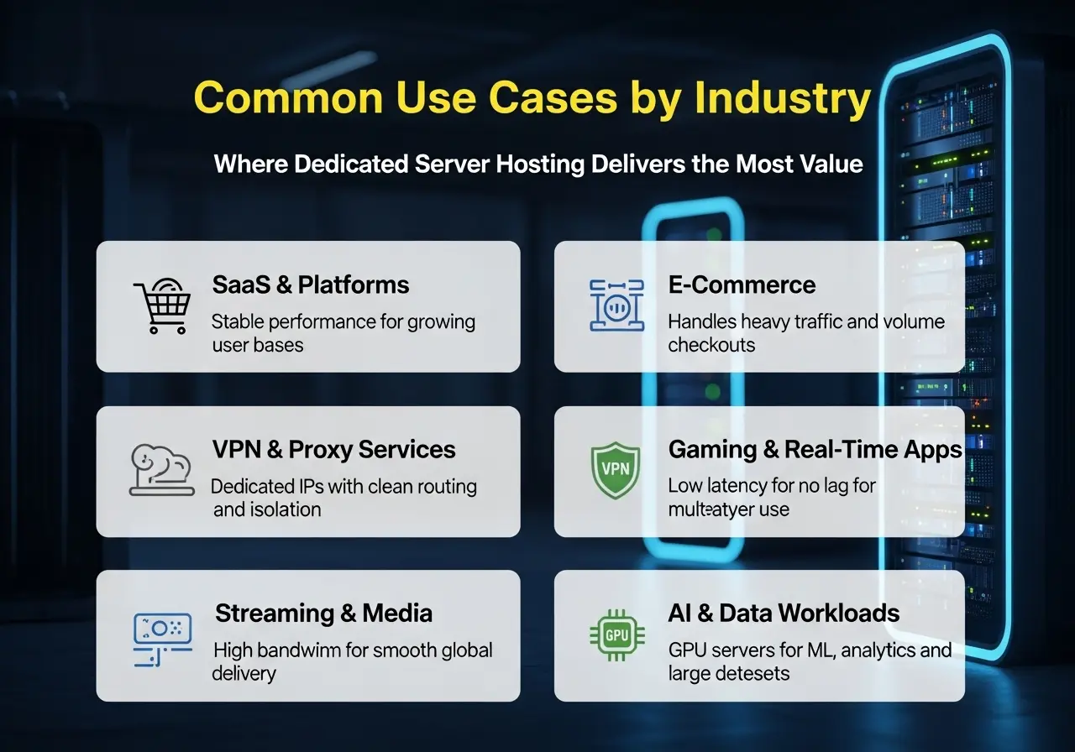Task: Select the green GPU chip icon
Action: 616,635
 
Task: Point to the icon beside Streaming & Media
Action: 162,635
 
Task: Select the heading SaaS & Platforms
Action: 311,285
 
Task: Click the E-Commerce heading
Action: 742,285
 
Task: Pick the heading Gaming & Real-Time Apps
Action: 815,450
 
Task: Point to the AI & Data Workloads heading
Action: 784,614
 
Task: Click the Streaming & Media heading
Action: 323,614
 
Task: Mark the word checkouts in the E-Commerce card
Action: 711,344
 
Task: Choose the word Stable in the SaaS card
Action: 236,322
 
